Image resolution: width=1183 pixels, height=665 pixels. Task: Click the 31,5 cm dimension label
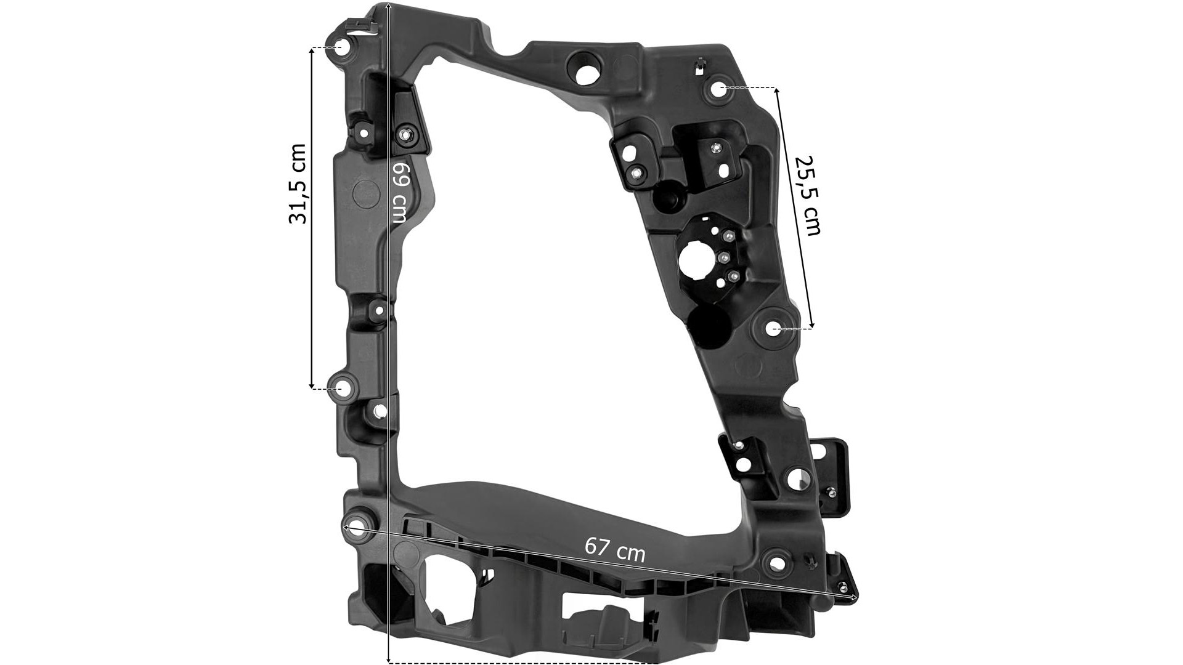(298, 183)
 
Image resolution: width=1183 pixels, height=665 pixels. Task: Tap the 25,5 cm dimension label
(808, 195)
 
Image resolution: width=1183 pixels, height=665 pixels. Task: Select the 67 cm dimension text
(615, 550)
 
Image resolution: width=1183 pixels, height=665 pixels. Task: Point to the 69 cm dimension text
(400, 193)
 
